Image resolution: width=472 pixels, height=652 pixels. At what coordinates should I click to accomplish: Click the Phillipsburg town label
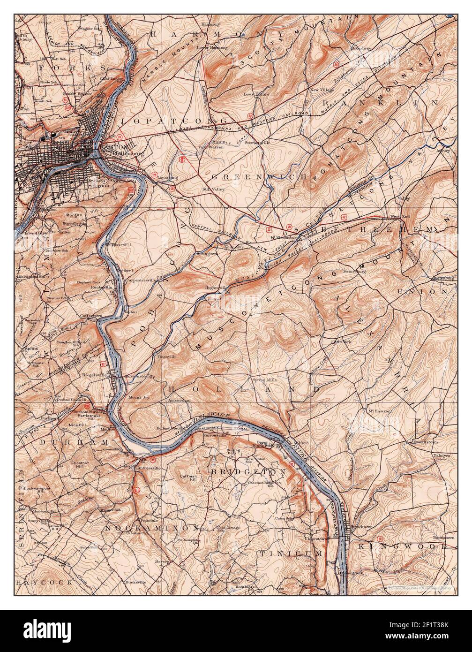(121, 153)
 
